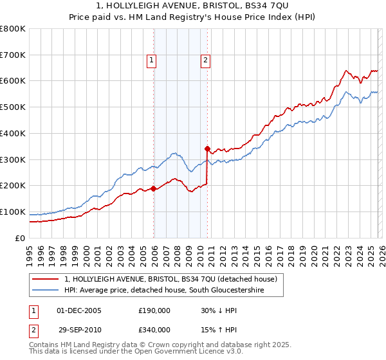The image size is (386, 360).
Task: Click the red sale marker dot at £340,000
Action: (x=207, y=148)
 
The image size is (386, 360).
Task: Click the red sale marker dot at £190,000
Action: (x=153, y=188)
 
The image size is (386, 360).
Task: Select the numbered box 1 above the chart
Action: (x=151, y=61)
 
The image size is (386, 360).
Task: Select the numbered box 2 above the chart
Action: (x=205, y=61)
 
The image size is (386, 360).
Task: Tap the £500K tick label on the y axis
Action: (x=13, y=107)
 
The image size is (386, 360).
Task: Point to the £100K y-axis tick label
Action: (x=13, y=212)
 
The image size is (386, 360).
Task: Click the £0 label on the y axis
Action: (x=21, y=238)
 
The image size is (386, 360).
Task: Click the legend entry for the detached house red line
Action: (x=170, y=279)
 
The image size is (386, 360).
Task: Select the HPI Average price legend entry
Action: (x=172, y=291)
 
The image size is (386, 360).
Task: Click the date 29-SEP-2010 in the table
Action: (x=78, y=329)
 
